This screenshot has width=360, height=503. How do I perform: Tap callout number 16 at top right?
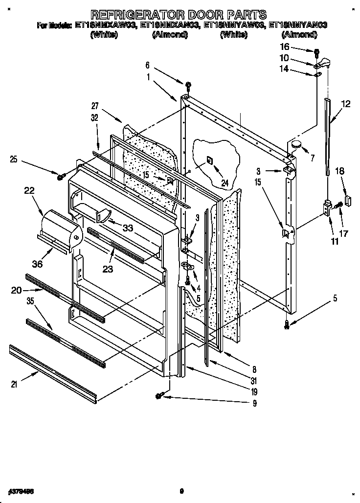(298, 47)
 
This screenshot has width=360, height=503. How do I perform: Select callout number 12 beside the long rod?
(346, 104)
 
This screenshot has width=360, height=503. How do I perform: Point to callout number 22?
(29, 191)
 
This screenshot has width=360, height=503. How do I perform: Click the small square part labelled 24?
(209, 159)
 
